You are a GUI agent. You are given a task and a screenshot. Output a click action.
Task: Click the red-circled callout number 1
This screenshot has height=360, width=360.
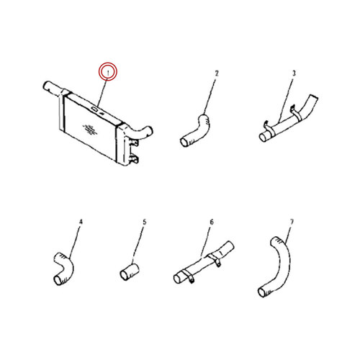click(x=108, y=73)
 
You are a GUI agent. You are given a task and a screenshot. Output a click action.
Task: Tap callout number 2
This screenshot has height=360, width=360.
click(x=217, y=73)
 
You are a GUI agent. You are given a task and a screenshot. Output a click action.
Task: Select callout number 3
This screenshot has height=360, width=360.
click(x=294, y=73)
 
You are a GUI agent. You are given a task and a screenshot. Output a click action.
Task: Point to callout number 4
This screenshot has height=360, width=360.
click(x=81, y=222)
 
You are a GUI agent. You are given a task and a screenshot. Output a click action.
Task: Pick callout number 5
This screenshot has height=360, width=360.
click(x=144, y=222)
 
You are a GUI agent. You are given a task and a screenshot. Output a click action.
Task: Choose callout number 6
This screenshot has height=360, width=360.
click(x=212, y=222)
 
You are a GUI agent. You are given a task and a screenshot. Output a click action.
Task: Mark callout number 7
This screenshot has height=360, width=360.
click(x=292, y=222)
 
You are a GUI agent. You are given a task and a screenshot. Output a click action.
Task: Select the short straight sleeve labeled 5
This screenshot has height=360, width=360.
click(x=130, y=271)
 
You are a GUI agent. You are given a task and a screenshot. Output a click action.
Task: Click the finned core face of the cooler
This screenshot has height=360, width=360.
click(x=90, y=128)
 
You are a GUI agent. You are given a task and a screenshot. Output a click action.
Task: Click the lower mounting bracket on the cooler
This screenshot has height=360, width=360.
click(x=134, y=159)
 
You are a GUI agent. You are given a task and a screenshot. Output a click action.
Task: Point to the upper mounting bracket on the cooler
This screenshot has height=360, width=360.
click(x=134, y=142)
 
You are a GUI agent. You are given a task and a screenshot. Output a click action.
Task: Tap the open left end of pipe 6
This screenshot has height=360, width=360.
click(x=178, y=279)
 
